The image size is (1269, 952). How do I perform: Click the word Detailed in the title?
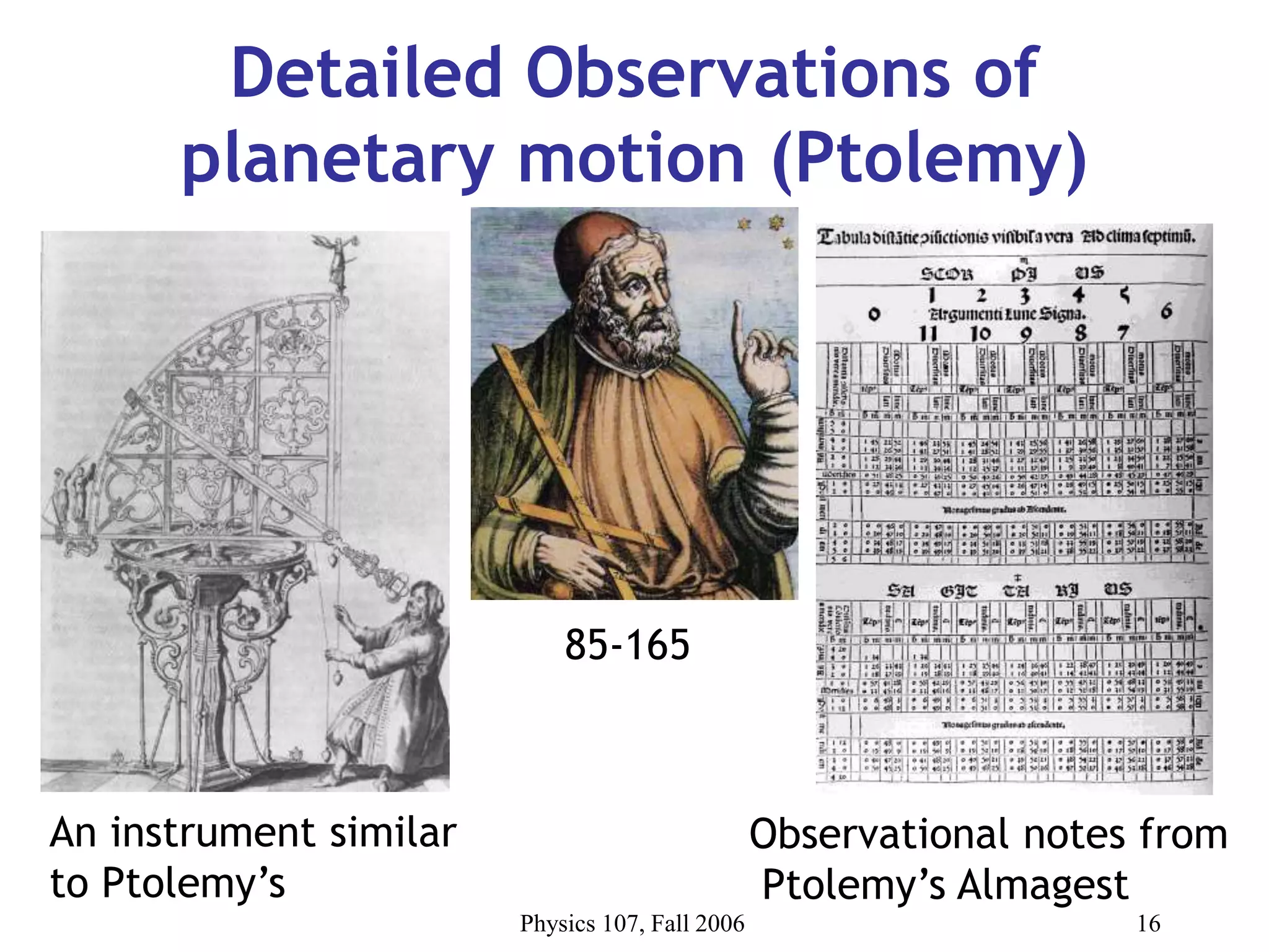coord(366,73)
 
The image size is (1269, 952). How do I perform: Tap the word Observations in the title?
coord(737,73)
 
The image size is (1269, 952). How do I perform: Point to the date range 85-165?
coord(627,645)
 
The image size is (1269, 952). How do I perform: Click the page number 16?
coord(1148,923)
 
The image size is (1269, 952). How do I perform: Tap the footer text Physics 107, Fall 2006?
coord(632,923)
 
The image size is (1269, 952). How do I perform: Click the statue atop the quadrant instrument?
coord(336,260)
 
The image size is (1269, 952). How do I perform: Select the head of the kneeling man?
coord(428,598)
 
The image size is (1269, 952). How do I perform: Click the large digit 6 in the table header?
coord(1166,311)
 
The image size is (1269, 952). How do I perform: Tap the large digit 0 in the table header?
coord(874,314)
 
